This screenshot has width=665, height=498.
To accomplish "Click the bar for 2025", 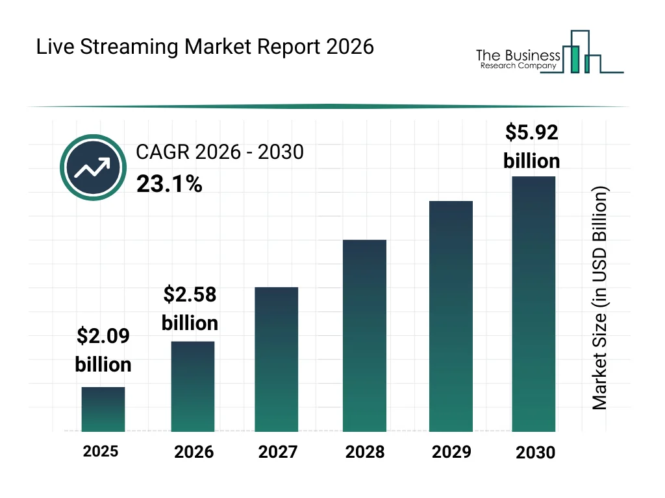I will pos(103,409).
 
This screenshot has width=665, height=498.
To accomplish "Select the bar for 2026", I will pos(193,386).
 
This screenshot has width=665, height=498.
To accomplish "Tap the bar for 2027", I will pos(277,359).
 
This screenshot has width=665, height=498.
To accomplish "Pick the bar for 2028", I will pos(364,336).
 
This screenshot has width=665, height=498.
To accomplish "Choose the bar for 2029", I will pos(451,316).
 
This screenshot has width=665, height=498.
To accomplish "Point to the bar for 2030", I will pos(534,303).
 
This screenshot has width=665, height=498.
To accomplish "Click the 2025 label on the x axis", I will pos(101,451).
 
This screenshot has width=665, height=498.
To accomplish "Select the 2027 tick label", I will pos(278,452).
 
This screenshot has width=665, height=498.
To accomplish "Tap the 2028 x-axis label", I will pos(364,452).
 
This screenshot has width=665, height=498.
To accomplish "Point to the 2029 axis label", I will pos(451,451).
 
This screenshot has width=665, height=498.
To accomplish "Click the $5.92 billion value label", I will pos(532,147).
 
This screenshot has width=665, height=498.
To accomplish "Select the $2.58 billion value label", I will pos(190,309).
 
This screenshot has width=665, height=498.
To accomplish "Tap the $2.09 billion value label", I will pos(103,350).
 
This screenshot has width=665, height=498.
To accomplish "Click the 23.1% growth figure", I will pos(169,185).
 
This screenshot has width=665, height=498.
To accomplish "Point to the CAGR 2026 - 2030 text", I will pos(220,152).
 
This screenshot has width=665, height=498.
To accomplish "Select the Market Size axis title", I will pos(599,298).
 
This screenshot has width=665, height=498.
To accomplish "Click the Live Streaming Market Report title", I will pos(205,47).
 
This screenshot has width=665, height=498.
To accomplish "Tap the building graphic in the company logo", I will pos(581,54).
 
